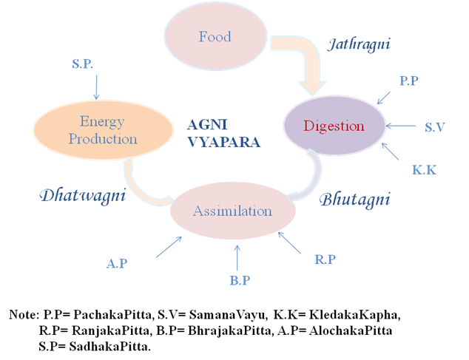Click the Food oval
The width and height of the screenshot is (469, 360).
coord(215,37)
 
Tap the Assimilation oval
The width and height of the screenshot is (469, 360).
coord(232,211)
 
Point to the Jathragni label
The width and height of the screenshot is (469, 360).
coord(359,45)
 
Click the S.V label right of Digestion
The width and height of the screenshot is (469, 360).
coord(434,128)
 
